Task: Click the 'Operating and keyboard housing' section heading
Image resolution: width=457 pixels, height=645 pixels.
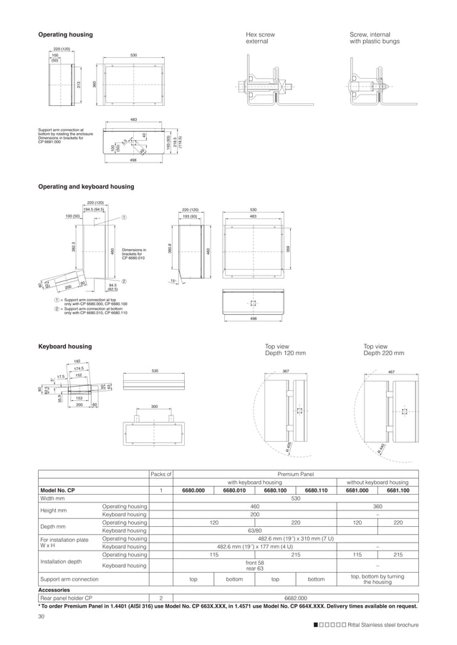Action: pos(85,186)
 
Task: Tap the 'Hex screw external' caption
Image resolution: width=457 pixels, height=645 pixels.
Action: pos(260,38)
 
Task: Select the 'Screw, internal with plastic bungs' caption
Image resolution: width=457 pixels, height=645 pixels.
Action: pos(370,38)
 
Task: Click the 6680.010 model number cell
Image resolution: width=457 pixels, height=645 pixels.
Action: pos(234,490)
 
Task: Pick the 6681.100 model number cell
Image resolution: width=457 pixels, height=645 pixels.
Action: pos(398,490)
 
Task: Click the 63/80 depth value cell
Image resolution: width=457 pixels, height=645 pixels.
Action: pos(254,531)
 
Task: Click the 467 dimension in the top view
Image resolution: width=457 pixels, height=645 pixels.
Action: pos(391,371)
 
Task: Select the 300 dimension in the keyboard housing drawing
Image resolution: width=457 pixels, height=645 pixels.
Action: pos(154,407)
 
